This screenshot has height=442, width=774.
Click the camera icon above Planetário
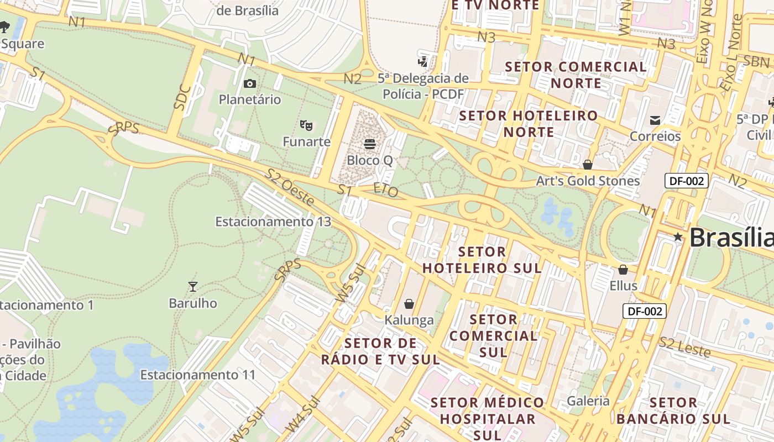[x=250, y=84]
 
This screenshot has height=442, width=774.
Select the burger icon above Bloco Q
[x=370, y=144]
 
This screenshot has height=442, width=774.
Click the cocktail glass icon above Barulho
[x=192, y=286]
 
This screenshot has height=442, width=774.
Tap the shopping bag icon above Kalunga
[x=409, y=304]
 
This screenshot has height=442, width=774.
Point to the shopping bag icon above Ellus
[x=623, y=270]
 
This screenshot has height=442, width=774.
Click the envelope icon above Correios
[x=655, y=120]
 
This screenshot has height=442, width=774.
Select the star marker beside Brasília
[x=678, y=237]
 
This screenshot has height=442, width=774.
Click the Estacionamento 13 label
[x=273, y=222]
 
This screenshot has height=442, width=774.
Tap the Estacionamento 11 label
[x=198, y=375]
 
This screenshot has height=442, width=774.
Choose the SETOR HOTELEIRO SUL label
[x=481, y=260]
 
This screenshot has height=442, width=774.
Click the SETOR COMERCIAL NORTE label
[x=576, y=75]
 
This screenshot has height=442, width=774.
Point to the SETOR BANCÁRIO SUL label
[x=673, y=411]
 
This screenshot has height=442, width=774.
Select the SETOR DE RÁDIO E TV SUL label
[x=380, y=351]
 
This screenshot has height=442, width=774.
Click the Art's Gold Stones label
[x=588, y=181]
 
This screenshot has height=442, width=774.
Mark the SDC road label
[x=182, y=98]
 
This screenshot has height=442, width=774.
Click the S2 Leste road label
[x=684, y=346]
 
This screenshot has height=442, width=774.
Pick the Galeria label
[x=588, y=401]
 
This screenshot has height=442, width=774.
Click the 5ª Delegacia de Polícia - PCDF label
[x=423, y=86]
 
